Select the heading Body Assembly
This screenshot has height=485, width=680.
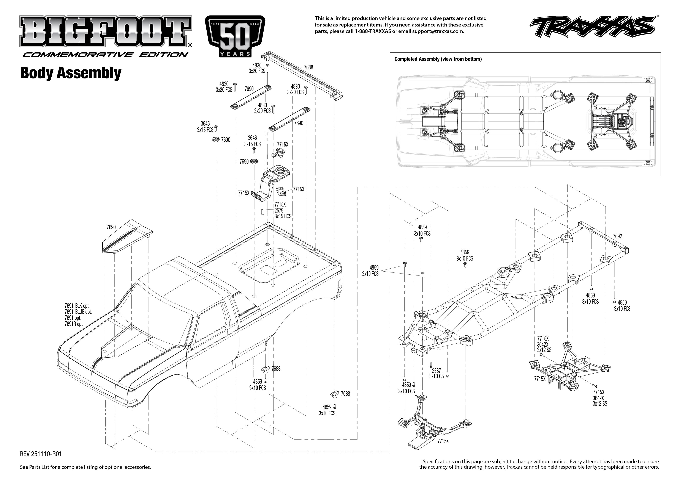point(71,73)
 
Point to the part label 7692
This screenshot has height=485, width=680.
point(617,236)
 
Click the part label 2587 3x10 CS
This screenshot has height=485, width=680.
point(436,373)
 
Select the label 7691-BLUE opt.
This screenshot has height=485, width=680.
point(78,312)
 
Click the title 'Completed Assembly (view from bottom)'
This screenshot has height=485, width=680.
point(438,59)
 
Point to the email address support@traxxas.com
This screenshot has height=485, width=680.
point(438,31)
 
